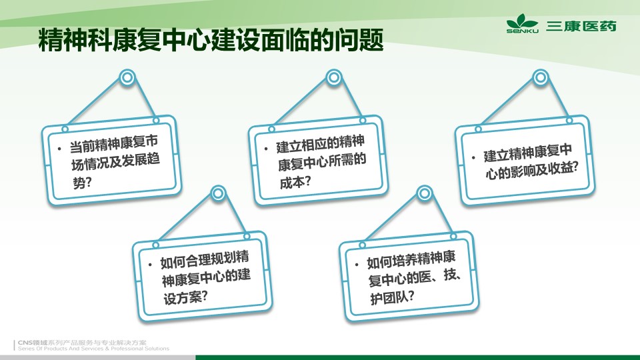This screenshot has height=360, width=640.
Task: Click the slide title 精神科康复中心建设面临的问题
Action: (211, 39)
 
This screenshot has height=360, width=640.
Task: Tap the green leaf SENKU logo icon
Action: (522, 23)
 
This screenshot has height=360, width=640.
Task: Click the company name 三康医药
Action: (581, 26)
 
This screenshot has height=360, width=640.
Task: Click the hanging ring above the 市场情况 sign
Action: (127, 77)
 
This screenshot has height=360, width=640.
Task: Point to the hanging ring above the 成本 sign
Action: (334, 77)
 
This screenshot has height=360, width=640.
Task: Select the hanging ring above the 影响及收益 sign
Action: (541, 77)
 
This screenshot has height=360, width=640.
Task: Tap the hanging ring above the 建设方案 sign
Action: (218, 193)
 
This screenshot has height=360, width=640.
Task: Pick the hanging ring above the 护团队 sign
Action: (425, 193)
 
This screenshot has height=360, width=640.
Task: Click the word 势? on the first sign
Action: (82, 182)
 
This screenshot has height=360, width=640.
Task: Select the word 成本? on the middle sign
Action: (295, 181)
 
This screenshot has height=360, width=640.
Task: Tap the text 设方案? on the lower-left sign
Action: (186, 297)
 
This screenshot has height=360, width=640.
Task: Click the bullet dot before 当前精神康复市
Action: (59, 149)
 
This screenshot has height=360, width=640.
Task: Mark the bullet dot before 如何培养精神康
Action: (357, 265)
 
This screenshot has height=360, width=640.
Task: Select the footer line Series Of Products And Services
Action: (93, 349)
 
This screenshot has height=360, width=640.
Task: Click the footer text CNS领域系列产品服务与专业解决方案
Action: (82, 343)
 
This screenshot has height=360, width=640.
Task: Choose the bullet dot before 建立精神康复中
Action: (473, 157)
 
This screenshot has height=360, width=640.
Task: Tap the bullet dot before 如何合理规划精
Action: (150, 265)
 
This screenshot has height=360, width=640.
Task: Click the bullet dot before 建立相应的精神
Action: (266, 149)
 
